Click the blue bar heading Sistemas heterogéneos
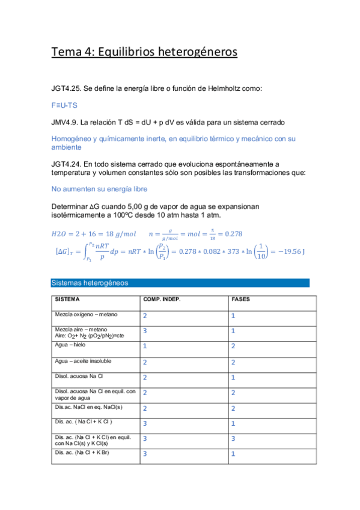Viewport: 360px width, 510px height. coord(90,283)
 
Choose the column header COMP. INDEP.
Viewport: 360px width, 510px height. coord(162,299)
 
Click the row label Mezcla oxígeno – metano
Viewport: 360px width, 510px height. coord(86,315)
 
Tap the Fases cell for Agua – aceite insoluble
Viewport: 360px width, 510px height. coord(233,362)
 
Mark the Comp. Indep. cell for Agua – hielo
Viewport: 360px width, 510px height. coord(145,346)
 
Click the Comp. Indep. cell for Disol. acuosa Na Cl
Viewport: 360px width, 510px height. coord(145,377)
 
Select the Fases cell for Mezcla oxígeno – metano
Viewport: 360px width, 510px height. coord(233,316)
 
